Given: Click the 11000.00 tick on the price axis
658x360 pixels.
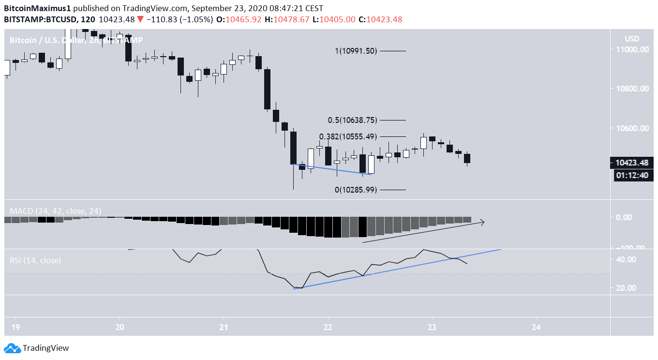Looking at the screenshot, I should pos(632,49).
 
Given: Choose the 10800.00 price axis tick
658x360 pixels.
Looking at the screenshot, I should pos(632,89).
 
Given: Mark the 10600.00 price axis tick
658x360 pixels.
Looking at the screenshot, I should pos(632,128).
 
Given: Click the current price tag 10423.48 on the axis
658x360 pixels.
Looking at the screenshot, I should pos(631,163).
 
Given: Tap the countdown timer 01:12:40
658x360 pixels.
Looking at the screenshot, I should pos(631,175).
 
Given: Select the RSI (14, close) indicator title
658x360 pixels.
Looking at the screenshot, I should pos(35,260).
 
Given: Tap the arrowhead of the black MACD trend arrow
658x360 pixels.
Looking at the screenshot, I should pos(482,222).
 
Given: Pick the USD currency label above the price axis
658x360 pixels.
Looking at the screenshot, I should pos(632,39).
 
